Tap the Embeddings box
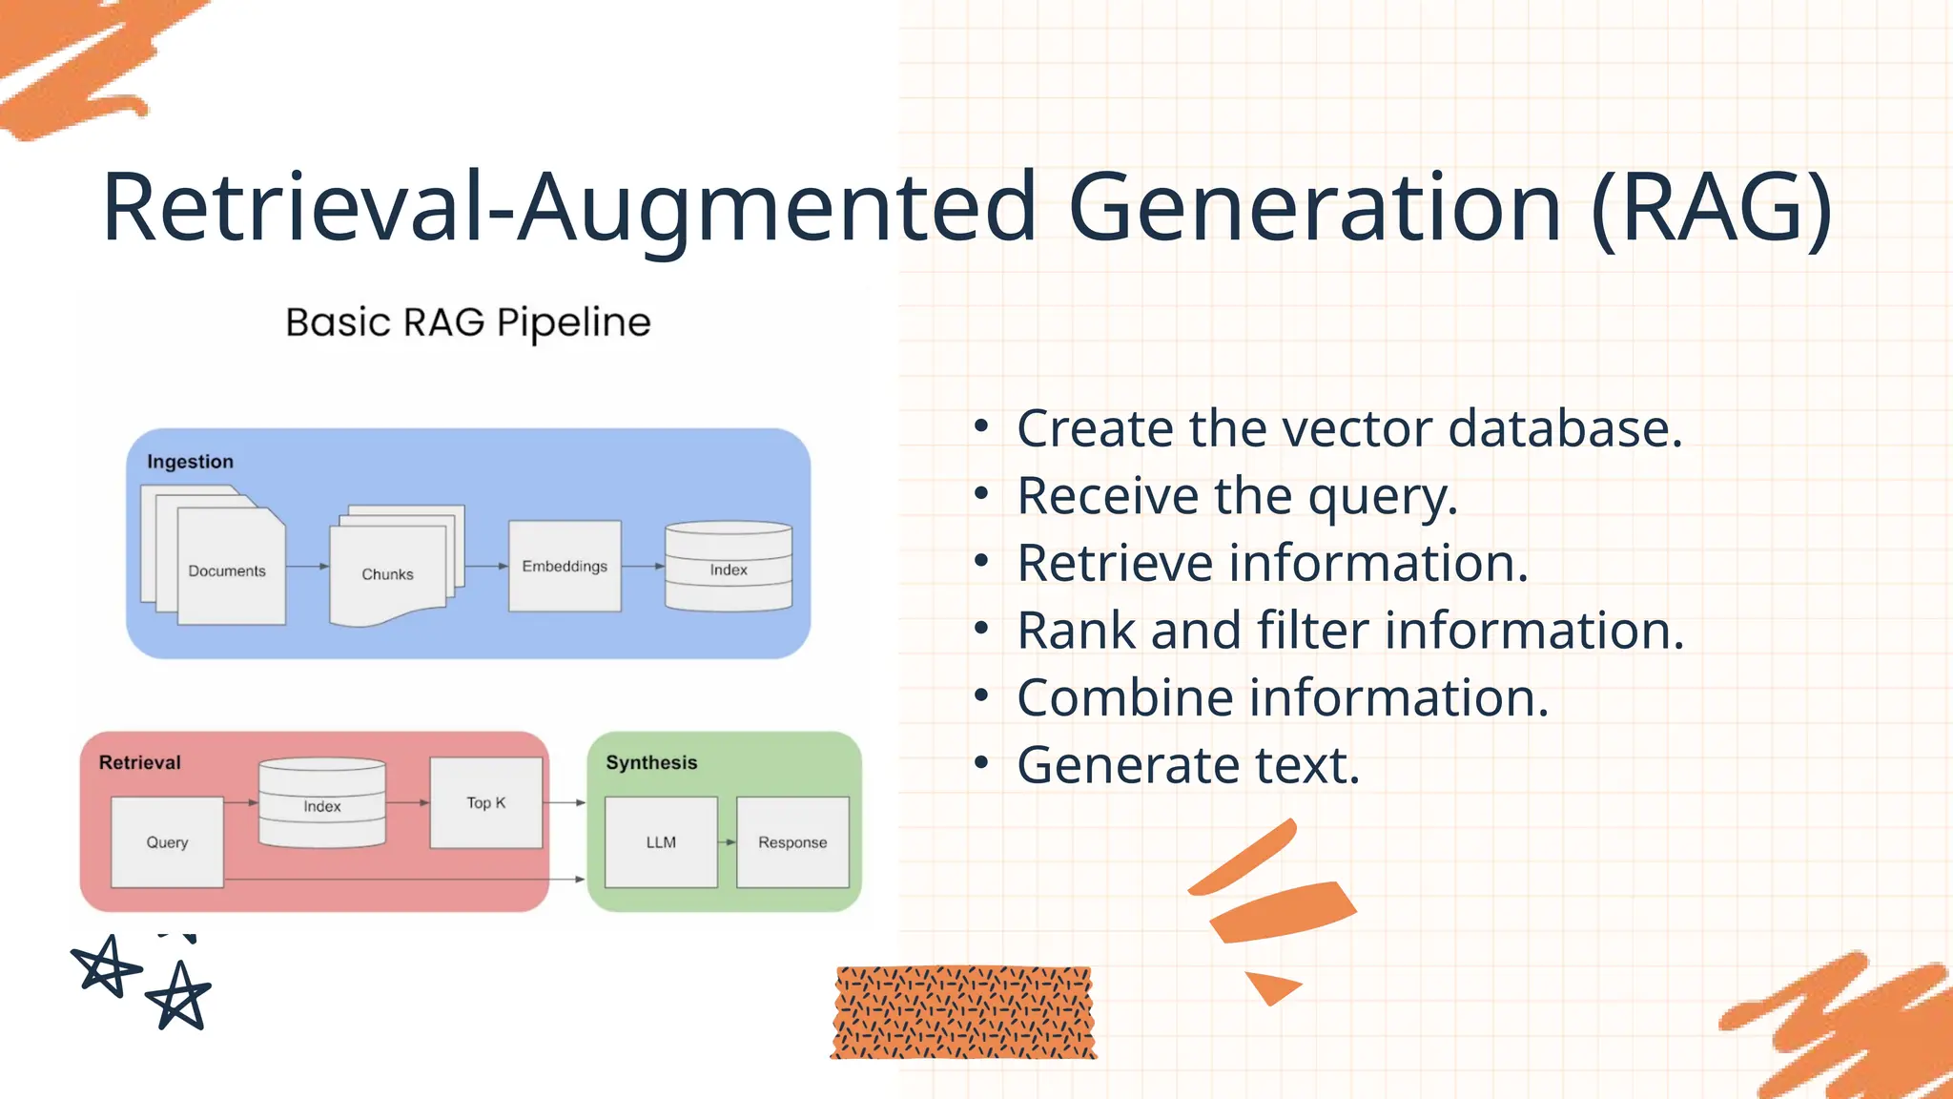[565, 566]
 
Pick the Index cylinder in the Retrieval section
[322, 803]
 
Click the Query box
[167, 841]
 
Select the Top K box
[486, 802]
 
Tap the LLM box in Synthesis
[661, 841]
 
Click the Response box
[792, 841]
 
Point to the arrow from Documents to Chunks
[307, 566]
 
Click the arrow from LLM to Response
[728, 841]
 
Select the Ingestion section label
[190, 462]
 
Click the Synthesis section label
[651, 762]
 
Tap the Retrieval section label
[139, 762]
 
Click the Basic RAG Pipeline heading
[467, 322]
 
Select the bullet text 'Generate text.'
[1187, 765]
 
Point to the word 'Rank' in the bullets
[1076, 631]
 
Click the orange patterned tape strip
[963, 1012]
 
